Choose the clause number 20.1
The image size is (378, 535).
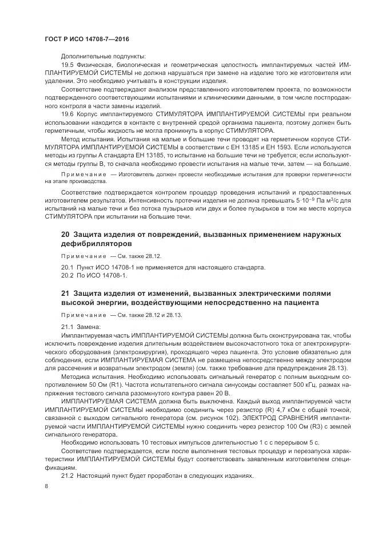tap(67, 267)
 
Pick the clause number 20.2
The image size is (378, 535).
tap(67, 275)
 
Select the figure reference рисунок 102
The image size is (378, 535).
tap(218, 421)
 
